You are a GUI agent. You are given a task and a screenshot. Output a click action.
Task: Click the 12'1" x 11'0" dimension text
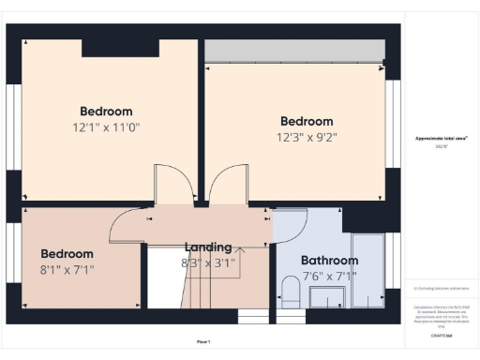click(106, 127)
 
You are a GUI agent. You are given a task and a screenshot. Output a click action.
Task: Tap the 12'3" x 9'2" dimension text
click(307, 136)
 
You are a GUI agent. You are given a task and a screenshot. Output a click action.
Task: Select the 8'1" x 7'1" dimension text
click(67, 269)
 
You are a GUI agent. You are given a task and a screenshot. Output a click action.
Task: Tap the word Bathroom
click(329, 260)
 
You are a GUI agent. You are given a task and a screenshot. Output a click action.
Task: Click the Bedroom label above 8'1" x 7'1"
click(67, 253)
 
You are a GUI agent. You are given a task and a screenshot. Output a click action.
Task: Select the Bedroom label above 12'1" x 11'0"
click(106, 111)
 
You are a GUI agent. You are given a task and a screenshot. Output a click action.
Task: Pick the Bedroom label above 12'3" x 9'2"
click(307, 121)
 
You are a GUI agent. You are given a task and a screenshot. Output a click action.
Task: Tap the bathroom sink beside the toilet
click(326, 299)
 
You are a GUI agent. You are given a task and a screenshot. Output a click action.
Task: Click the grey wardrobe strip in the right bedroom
click(294, 51)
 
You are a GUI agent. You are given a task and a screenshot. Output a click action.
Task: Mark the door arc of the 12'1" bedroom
click(174, 183)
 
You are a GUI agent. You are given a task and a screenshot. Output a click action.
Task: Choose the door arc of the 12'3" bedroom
click(228, 183)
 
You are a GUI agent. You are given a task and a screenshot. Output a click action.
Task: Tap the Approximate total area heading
click(442, 138)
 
